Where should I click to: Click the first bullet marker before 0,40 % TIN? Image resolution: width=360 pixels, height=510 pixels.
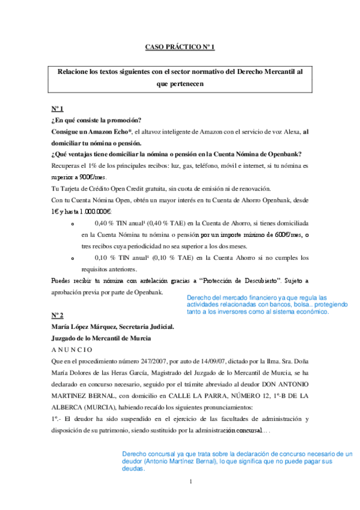pos(72,223)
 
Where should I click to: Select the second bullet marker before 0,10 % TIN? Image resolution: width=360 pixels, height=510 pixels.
pos(72,258)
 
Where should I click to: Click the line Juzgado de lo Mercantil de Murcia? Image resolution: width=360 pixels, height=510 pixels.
pos(101,338)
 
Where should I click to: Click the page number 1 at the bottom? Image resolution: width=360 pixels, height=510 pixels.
pos(190,481)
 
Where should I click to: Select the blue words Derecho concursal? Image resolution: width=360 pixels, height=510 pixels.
pos(149,455)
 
